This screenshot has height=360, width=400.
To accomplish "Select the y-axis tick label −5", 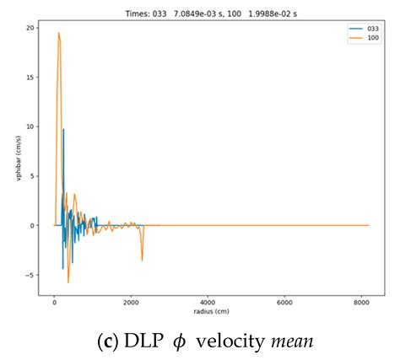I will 30,275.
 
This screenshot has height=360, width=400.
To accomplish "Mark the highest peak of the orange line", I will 59,33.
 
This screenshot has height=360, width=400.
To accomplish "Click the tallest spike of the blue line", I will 63,129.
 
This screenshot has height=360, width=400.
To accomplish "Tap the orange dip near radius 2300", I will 142,261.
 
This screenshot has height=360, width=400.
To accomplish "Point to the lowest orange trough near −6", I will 68,282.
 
